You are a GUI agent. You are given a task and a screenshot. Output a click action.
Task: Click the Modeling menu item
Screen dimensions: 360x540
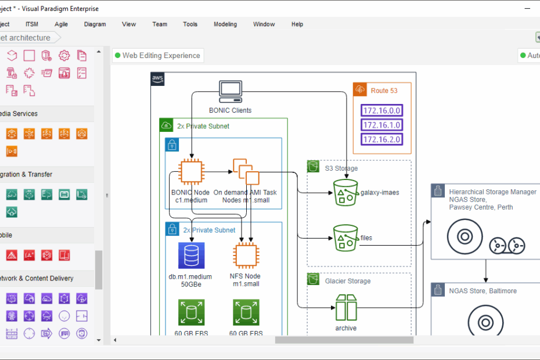click(x=225, y=24)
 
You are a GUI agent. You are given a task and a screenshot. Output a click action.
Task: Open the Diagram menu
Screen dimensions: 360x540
click(x=95, y=24)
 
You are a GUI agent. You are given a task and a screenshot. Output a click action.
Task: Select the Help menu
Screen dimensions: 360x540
click(x=297, y=24)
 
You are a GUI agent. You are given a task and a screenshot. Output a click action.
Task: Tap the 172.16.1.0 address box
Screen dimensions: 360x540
click(x=381, y=125)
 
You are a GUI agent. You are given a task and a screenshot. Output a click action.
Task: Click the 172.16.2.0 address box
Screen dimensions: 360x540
click(x=381, y=139)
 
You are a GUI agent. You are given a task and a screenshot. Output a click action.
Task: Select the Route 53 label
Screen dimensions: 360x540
click(x=384, y=91)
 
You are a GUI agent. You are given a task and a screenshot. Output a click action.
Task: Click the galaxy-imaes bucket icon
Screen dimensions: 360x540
click(x=345, y=192)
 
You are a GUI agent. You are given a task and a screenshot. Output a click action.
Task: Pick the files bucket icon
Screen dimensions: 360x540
click(x=345, y=238)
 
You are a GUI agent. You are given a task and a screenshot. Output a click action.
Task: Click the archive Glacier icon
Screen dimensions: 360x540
click(x=345, y=307)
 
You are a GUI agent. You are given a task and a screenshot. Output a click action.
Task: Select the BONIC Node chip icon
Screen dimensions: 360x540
click(x=190, y=172)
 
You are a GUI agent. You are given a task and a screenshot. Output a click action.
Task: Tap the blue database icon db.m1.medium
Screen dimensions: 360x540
click(x=190, y=256)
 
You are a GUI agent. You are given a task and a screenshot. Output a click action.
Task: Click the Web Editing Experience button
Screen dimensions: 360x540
click(x=158, y=56)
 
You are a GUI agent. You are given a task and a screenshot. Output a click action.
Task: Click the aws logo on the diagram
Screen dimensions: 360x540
click(x=157, y=79)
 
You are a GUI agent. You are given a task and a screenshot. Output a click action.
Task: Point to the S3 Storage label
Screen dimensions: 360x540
click(x=341, y=168)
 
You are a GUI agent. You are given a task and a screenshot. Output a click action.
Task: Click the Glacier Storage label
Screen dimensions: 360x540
click(x=348, y=281)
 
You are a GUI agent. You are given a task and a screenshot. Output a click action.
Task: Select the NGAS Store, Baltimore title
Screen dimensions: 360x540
click(x=483, y=291)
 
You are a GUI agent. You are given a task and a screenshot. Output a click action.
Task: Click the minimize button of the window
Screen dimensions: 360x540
click(x=527, y=9)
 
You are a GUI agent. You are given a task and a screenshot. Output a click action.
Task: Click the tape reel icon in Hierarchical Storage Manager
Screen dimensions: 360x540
click(x=507, y=246)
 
